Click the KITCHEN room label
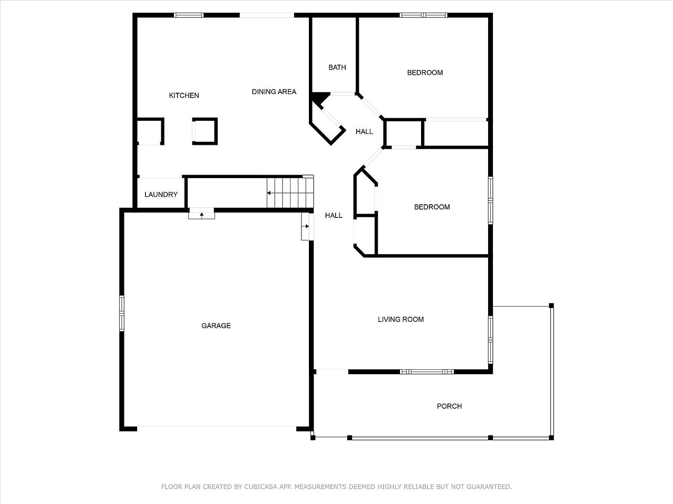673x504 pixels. [x=184, y=95]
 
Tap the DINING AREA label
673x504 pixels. [x=274, y=91]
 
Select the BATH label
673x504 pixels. [x=337, y=67]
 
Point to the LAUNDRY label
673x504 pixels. [x=161, y=195]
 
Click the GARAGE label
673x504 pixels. [x=216, y=325]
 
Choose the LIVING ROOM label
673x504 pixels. [x=400, y=319]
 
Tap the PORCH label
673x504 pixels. [x=449, y=406]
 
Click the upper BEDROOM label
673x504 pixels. [x=425, y=73]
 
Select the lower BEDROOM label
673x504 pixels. [x=432, y=207]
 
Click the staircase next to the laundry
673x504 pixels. [x=290, y=192]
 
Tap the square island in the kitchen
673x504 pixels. [x=205, y=131]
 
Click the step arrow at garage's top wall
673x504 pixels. [x=202, y=214]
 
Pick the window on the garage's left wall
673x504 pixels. [x=122, y=312]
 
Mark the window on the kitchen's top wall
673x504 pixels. [x=189, y=15]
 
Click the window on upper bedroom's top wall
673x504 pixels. [x=423, y=15]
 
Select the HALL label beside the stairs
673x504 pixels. [x=333, y=215]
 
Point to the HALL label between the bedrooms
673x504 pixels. [x=364, y=131]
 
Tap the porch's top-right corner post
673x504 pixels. [x=551, y=305]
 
